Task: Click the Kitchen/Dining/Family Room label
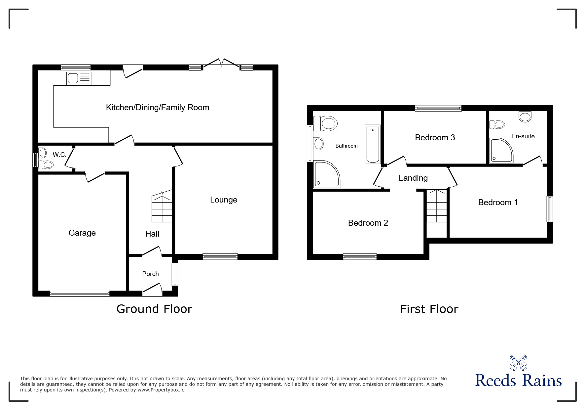[x=158, y=108]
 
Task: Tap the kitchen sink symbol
[x=79, y=78]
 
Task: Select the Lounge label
[x=224, y=200]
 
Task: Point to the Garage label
[x=82, y=233]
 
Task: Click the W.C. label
[x=59, y=155]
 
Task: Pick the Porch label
[x=150, y=274]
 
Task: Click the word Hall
[x=152, y=234]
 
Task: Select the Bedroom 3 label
[x=435, y=137]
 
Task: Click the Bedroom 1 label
[x=498, y=203]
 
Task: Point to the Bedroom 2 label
[x=368, y=223]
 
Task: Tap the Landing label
[x=413, y=178]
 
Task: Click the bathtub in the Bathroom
[x=373, y=144]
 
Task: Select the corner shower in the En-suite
[x=501, y=151]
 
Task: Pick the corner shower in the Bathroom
[x=326, y=174]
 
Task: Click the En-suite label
[x=523, y=136]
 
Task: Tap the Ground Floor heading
[x=154, y=309]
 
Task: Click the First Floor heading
[x=429, y=309]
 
